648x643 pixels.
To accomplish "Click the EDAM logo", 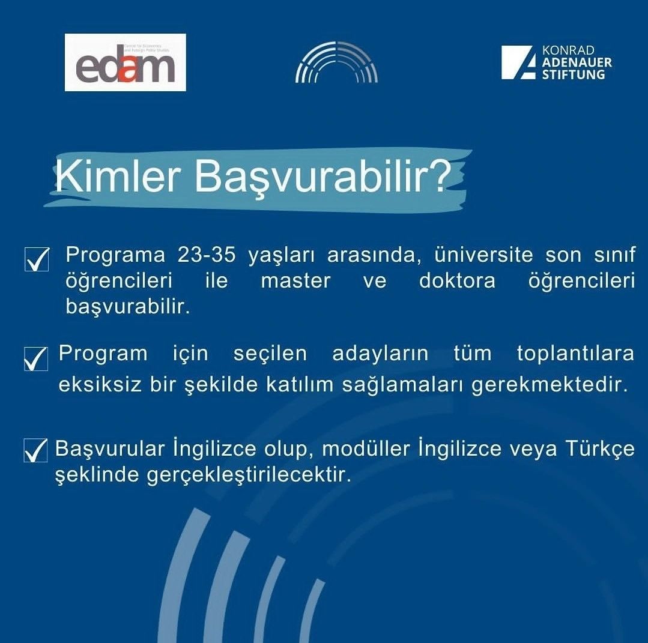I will (x=125, y=62).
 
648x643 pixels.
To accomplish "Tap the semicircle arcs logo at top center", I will (x=336, y=62).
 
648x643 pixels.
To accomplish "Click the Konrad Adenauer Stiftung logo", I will (x=556, y=62).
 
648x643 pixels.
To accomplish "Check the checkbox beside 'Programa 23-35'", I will (x=37, y=259).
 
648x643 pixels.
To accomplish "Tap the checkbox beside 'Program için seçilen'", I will (x=36, y=358).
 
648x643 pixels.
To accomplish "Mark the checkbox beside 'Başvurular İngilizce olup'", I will (x=35, y=450).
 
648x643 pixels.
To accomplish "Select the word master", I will (x=295, y=281).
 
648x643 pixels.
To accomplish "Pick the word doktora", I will (x=457, y=281).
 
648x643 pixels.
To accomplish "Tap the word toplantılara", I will (x=575, y=354).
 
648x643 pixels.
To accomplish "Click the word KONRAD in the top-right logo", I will (x=568, y=50).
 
